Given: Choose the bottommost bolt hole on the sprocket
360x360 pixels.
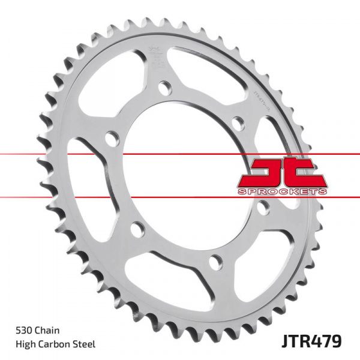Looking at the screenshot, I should tap(217, 260).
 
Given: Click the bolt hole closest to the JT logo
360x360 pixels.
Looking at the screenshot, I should tap(263, 208).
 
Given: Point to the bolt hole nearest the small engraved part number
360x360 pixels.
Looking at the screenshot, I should tap(238, 124).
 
